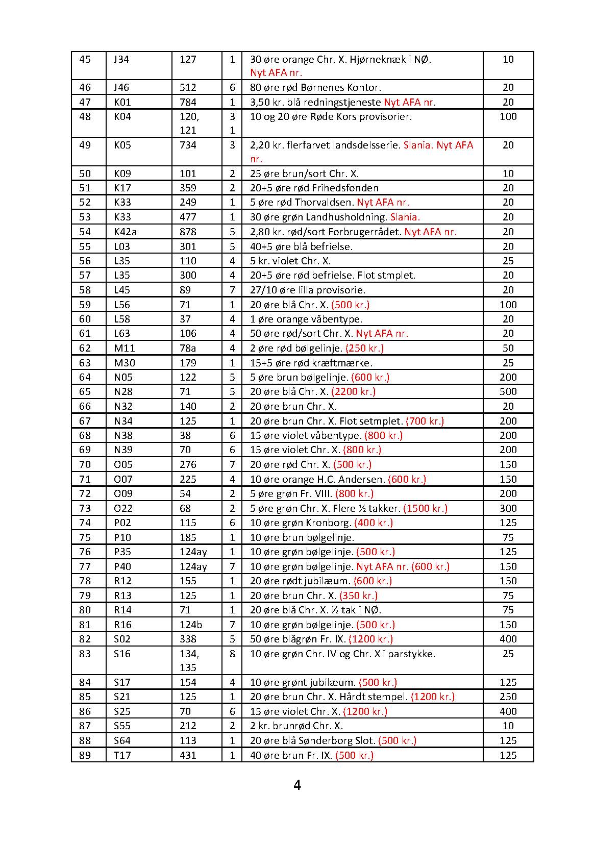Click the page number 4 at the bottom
click(x=297, y=785)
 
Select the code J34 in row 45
click(x=121, y=59)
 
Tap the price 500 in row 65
click(x=508, y=391)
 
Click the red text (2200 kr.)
click(x=353, y=391)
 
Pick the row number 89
click(x=85, y=755)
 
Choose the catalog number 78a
click(x=188, y=348)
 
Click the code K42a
click(x=125, y=232)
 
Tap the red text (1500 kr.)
click(x=425, y=508)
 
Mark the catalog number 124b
click(x=191, y=625)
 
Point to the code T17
click(x=122, y=755)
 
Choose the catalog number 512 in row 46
click(x=188, y=87)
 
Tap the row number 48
click(x=85, y=116)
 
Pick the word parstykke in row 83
click(x=413, y=654)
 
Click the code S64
click(x=122, y=740)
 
